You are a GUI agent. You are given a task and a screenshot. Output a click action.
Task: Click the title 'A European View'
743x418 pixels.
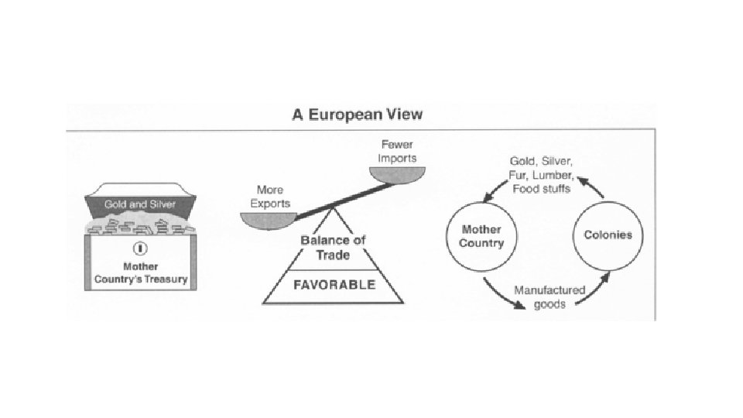point(357,115)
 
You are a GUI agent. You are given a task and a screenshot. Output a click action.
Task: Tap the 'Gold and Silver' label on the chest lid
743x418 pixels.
point(140,204)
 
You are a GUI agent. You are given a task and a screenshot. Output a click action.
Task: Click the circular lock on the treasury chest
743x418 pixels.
point(140,248)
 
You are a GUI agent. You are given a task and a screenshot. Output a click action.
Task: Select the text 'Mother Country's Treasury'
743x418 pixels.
point(140,272)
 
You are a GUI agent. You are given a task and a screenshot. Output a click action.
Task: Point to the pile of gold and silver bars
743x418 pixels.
point(140,224)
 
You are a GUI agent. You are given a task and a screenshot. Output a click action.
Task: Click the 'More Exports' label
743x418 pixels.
point(270,197)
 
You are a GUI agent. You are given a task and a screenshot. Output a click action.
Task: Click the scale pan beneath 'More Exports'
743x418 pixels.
point(263,220)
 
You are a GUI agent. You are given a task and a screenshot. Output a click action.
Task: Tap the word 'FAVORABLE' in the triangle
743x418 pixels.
point(334,284)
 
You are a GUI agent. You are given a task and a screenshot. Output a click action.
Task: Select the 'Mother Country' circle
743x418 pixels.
point(482,236)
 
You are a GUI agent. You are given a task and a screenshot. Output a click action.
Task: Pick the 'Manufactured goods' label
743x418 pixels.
point(550,297)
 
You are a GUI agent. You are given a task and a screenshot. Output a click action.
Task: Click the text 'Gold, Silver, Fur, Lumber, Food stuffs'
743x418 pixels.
point(541,174)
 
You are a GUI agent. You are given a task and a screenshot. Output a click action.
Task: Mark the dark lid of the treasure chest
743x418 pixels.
point(140,203)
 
